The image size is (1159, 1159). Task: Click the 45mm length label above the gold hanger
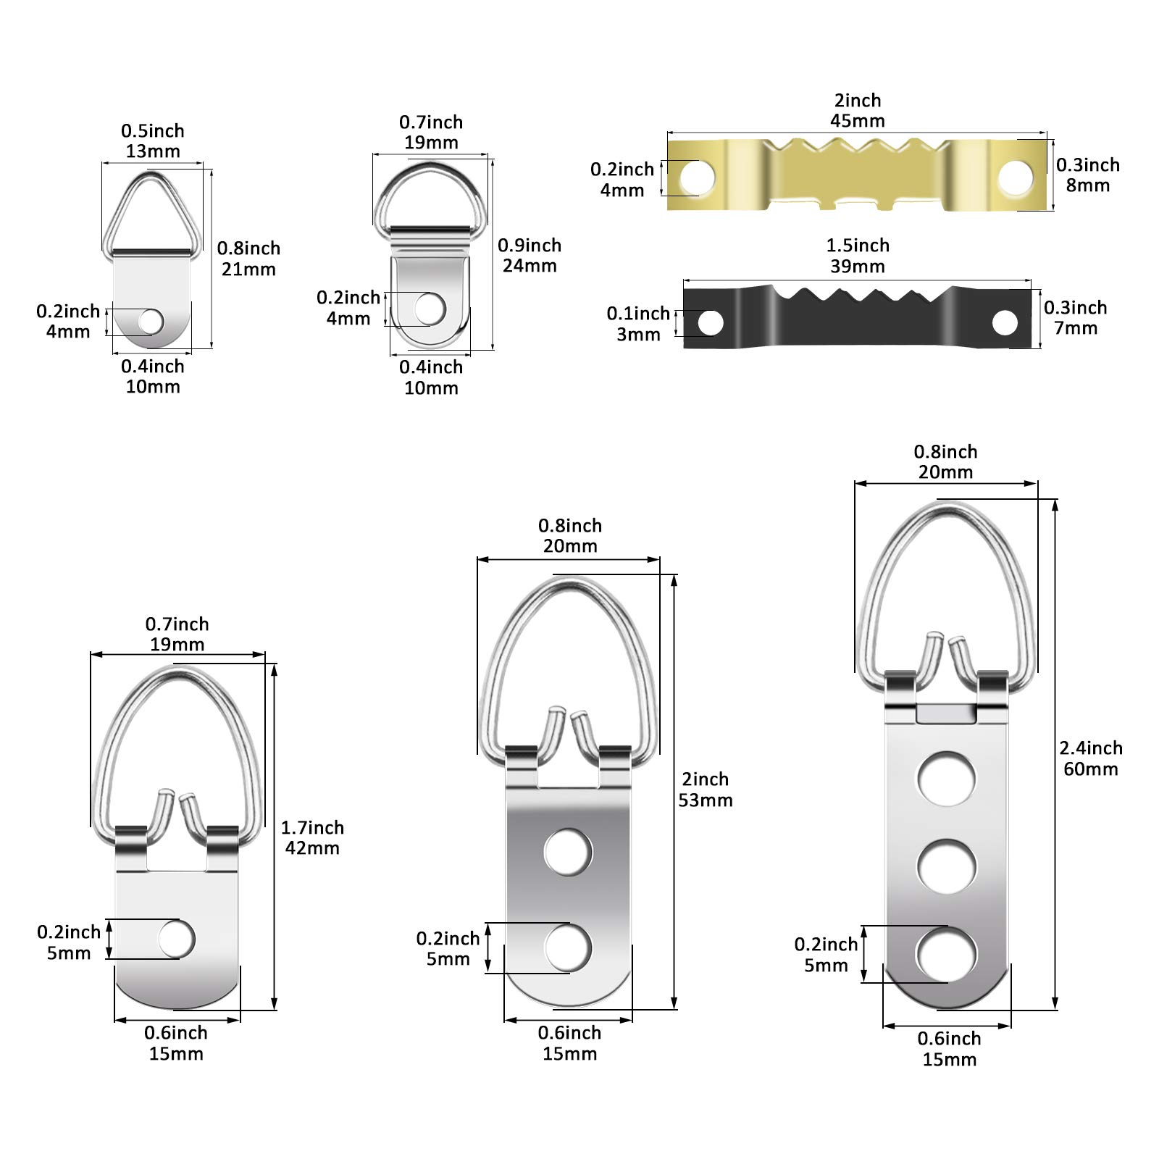click(858, 120)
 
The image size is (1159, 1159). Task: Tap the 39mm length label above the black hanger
click(858, 266)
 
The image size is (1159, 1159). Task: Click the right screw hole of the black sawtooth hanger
click(1005, 322)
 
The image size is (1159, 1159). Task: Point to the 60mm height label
click(1090, 769)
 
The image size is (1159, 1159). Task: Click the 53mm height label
click(706, 800)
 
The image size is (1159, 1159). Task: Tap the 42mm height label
click(312, 848)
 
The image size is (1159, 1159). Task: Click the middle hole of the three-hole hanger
click(946, 866)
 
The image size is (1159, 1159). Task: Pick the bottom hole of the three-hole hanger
click(946, 954)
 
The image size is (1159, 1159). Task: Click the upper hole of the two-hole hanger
click(568, 852)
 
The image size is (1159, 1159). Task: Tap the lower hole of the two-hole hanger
click(568, 948)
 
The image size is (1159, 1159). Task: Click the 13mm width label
click(153, 151)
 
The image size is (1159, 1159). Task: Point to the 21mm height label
click(248, 269)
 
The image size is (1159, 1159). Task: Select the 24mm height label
click(530, 265)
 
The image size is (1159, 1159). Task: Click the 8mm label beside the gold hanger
click(1087, 185)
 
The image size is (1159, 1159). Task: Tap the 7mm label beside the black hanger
click(1076, 327)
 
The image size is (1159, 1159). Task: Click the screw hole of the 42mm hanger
click(177, 940)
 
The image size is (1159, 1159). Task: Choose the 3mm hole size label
click(638, 334)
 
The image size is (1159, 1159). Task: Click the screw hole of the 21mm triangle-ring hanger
click(151, 321)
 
